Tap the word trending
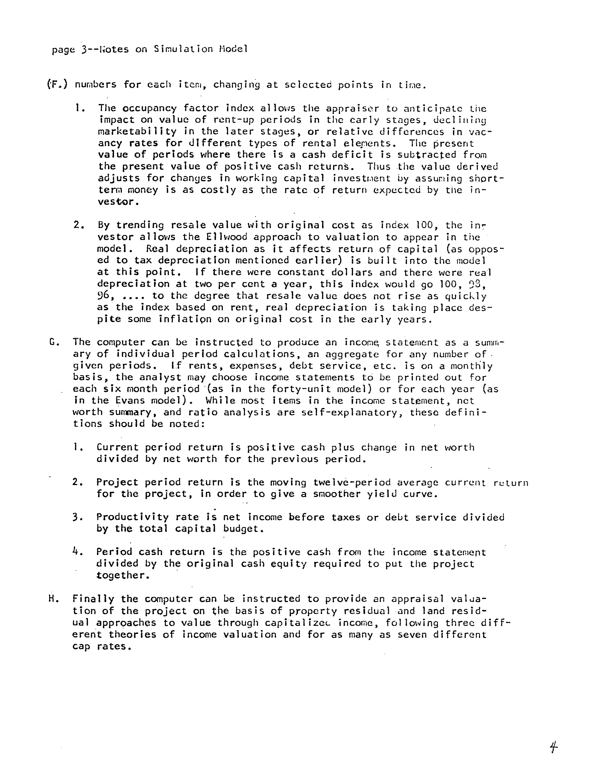(x=140, y=225)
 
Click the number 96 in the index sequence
(x=104, y=296)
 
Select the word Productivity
(x=132, y=517)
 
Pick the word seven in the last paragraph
(x=412, y=634)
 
